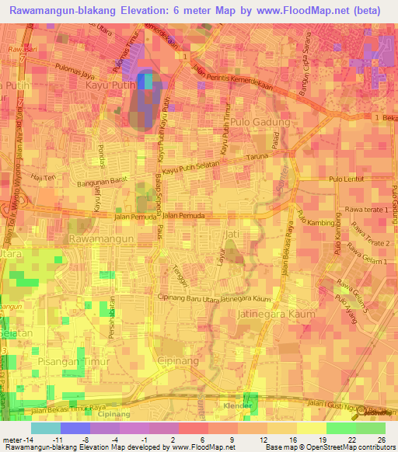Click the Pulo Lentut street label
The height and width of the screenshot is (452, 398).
point(347,180)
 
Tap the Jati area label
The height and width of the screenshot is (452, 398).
point(229,233)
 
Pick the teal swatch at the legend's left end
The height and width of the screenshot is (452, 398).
point(46,427)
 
